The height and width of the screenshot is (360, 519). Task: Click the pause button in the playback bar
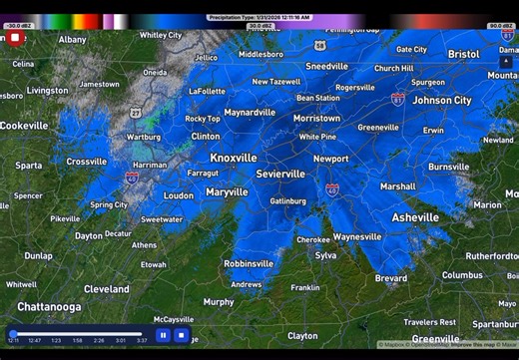(x=163, y=335)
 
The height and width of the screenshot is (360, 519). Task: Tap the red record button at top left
(x=15, y=39)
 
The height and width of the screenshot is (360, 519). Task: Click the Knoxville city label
(x=234, y=158)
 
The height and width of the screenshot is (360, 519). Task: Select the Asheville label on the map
(x=415, y=217)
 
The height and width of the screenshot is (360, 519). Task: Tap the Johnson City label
(x=442, y=101)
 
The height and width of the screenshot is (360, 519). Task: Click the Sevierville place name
(x=280, y=174)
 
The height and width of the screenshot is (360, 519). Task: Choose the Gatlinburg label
(x=287, y=201)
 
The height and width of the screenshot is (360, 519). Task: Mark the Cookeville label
(x=23, y=126)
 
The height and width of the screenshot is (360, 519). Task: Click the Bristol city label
(x=463, y=54)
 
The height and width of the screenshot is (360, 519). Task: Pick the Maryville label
(x=227, y=191)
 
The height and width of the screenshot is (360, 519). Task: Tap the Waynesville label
(x=356, y=237)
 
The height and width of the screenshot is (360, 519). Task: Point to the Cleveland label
(x=106, y=289)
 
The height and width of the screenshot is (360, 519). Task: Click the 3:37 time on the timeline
(x=142, y=341)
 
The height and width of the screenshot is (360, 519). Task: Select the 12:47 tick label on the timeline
(x=34, y=341)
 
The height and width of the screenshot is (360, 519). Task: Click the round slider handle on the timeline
(x=13, y=334)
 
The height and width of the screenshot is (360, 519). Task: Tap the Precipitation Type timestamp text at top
(x=259, y=17)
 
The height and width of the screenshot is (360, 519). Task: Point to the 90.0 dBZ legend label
(x=501, y=25)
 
